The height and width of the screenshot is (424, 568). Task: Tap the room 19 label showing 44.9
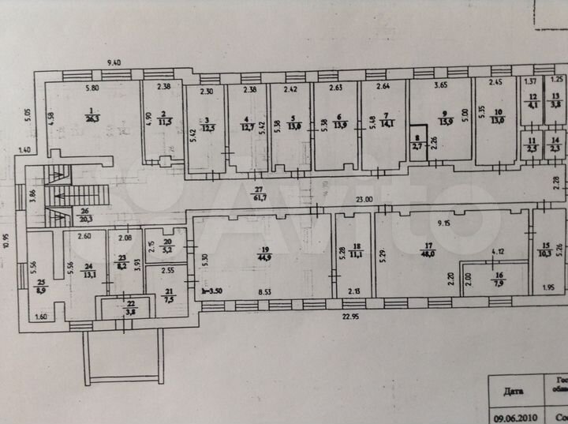[x=263, y=253]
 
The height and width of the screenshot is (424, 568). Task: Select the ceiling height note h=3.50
[x=213, y=291]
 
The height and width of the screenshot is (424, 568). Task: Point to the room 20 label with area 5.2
[x=166, y=246]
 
